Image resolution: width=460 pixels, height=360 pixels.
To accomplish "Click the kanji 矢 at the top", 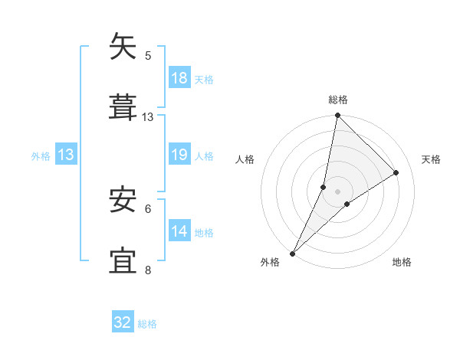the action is pos(123,47).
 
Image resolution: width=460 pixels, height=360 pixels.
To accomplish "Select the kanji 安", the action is pos(123,200).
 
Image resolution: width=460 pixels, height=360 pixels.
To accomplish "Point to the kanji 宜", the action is pos(123,261).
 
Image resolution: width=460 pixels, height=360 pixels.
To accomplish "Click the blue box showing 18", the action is pos(179,77).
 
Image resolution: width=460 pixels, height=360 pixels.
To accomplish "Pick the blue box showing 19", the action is pos(179,154).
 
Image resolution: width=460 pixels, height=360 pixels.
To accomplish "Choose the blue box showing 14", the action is pos(179,231).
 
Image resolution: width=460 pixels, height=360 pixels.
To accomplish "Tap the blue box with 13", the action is pos(66,154).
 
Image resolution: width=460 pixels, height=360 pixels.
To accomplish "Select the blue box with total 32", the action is pos(123,322).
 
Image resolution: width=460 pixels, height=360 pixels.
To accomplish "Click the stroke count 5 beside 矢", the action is pos(148,55).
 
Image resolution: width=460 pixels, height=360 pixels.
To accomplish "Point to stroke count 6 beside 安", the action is pos(148,208).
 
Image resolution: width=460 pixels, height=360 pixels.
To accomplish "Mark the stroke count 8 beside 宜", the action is pos(148,270).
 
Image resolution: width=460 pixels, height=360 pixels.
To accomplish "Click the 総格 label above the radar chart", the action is pos(338,100).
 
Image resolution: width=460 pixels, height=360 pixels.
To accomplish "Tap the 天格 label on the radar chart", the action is pos(432,159).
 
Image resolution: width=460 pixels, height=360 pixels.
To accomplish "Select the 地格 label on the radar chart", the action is pos(402,262).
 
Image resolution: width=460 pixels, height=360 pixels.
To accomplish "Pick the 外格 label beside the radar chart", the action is pos(270,262).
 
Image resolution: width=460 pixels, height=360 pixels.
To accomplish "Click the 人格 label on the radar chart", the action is pos(245,159).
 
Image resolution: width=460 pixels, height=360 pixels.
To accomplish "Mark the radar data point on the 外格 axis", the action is pos(293,253).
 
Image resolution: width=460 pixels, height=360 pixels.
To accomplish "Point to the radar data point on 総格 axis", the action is pos(338,116).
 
